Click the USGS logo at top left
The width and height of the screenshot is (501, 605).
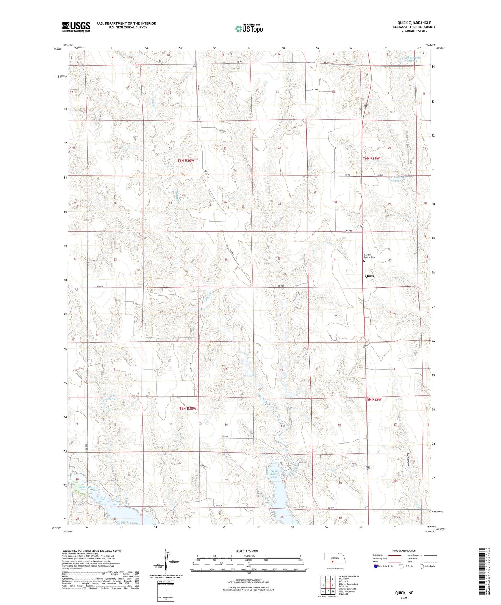pos(76,27)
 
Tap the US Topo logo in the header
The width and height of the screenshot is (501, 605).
pos(249,28)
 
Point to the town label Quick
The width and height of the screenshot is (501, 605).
pos(370,276)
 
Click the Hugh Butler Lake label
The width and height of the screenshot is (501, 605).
pos(274,474)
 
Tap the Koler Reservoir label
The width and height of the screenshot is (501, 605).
pos(111,397)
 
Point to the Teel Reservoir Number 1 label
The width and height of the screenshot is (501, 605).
pos(397,179)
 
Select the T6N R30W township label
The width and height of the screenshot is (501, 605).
pos(186,160)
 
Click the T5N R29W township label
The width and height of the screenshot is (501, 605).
pos(373,399)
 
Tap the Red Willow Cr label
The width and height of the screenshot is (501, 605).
pos(89,488)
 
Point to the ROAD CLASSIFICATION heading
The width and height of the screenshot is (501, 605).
pos(404,551)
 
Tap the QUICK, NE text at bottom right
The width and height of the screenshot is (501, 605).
pos(404,593)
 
